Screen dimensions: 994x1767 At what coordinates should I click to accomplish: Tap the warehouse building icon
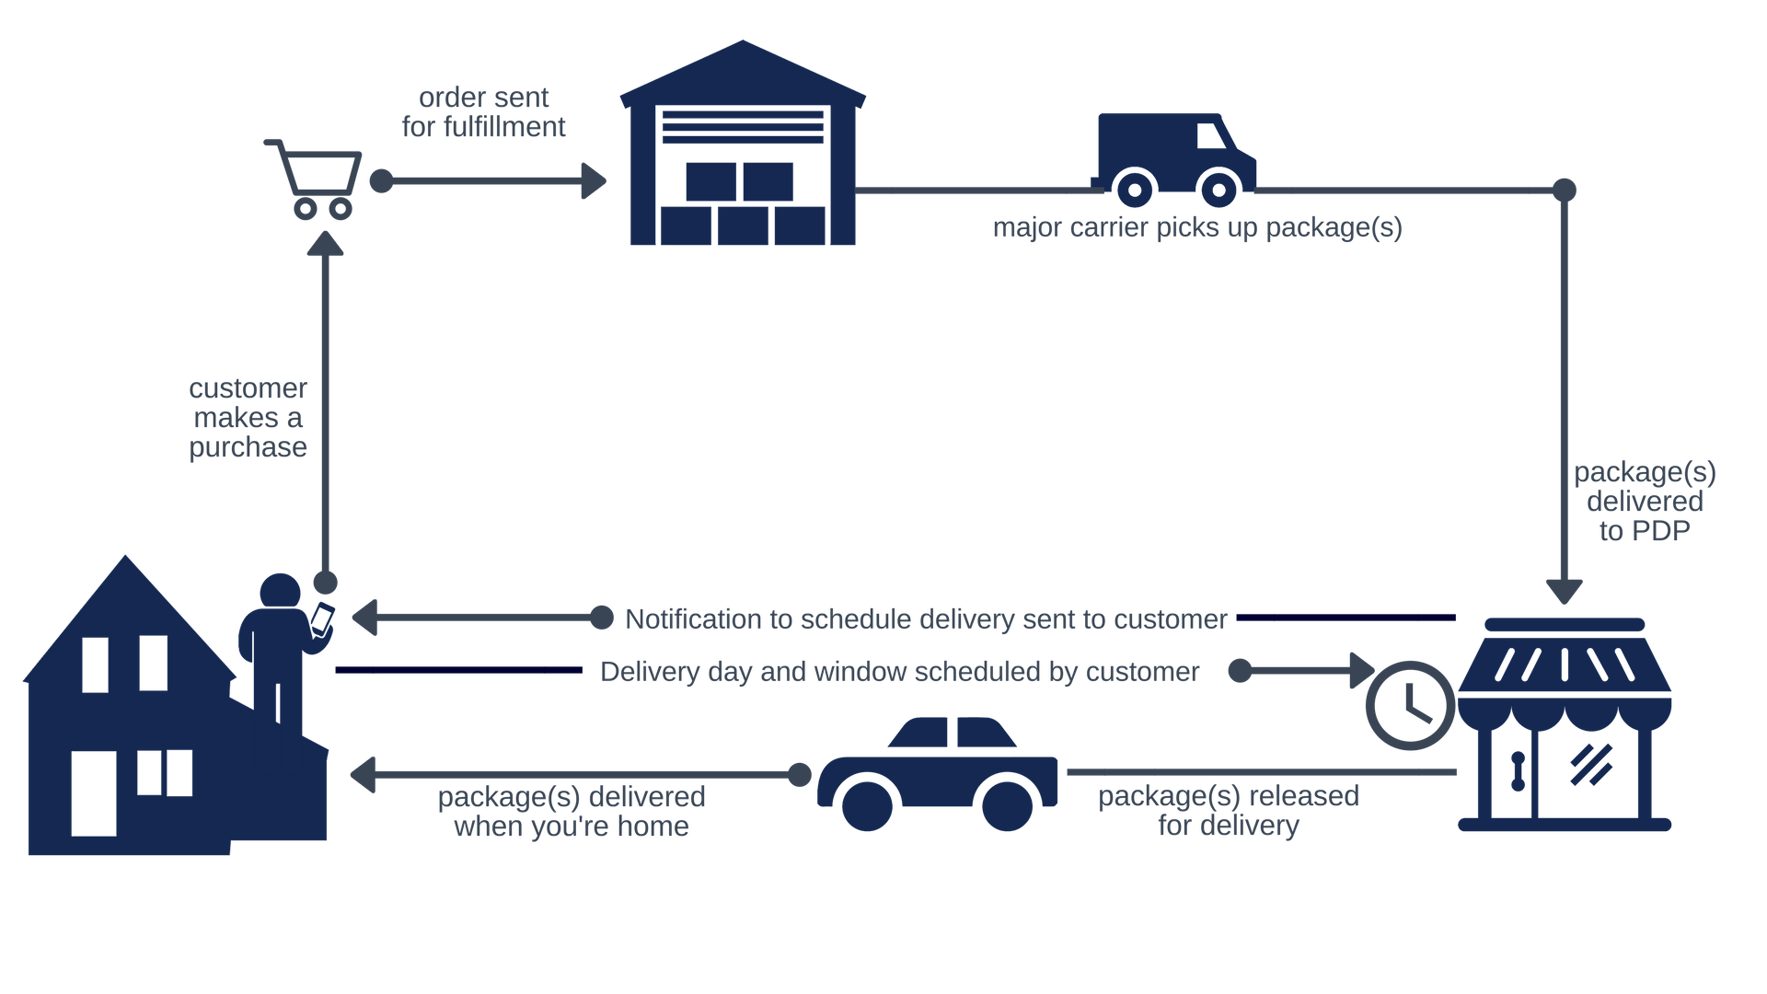pos(742,147)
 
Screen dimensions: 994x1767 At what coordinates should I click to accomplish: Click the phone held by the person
pos(322,618)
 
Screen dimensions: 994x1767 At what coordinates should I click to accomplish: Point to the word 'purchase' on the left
pos(248,447)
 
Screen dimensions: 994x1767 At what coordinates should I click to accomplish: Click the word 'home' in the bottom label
pos(653,826)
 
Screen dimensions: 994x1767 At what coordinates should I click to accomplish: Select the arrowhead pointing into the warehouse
pos(594,181)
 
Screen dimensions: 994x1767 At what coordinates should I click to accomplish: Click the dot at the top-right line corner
pos(1565,190)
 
